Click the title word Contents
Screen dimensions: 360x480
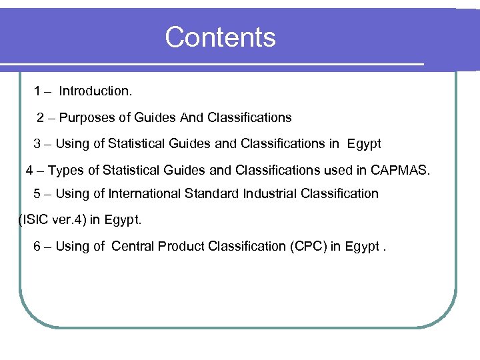click(x=220, y=37)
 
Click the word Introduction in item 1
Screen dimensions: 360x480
click(x=95, y=91)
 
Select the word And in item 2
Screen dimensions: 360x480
click(x=192, y=118)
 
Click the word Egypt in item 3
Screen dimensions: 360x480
click(x=364, y=144)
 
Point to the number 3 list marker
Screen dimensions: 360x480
click(x=37, y=144)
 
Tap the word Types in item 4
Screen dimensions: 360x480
click(x=66, y=170)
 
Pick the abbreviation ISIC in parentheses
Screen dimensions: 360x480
click(x=34, y=219)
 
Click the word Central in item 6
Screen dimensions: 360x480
click(x=133, y=246)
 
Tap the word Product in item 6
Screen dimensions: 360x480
click(x=181, y=246)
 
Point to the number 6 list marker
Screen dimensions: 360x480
click(x=37, y=246)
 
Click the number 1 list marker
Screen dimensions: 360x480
click(x=38, y=91)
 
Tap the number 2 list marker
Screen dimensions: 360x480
click(x=41, y=118)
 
